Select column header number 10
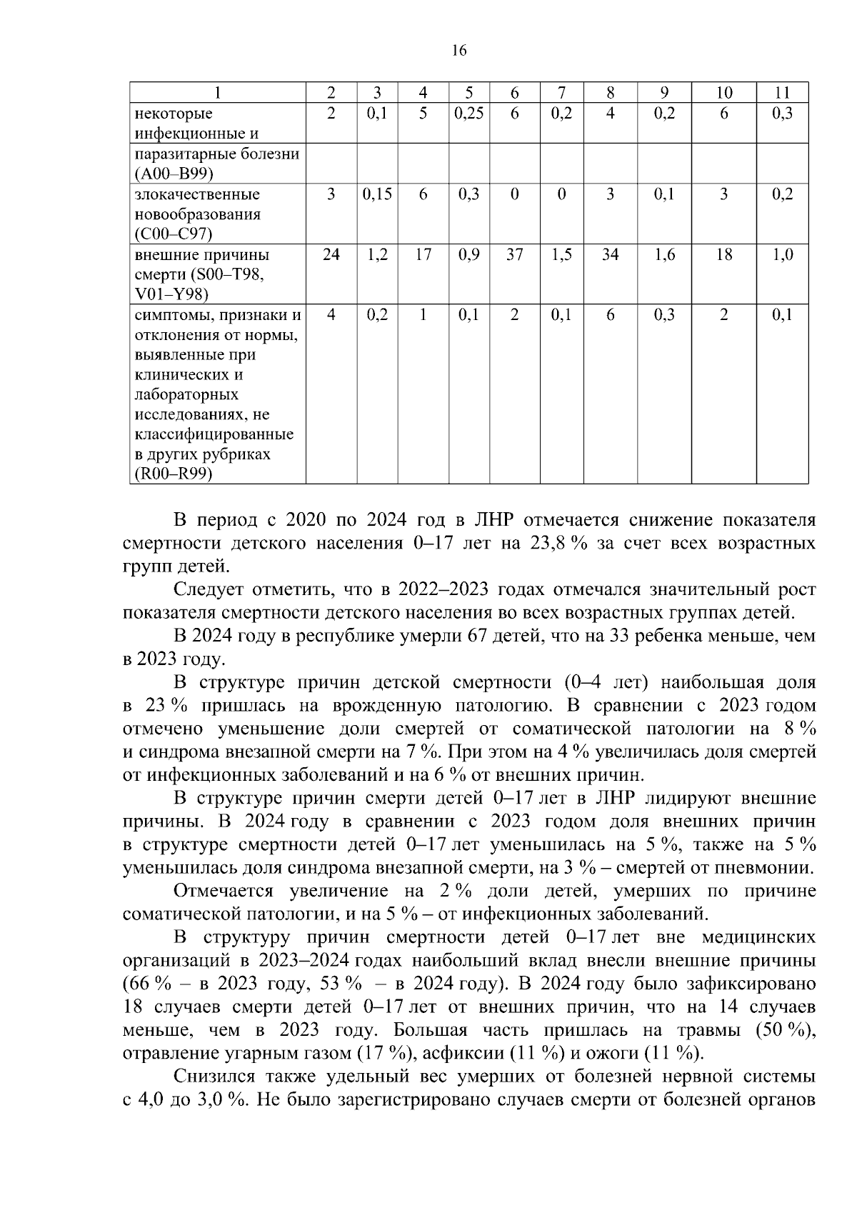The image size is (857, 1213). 723,92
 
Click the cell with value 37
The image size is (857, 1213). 514,255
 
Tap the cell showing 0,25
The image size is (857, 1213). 468,114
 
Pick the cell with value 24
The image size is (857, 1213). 331,255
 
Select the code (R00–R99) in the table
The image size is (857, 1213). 174,474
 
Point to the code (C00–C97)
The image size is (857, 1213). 173,234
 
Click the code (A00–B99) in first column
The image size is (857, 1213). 173,174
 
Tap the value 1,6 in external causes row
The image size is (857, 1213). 664,255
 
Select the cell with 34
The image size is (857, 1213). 610,255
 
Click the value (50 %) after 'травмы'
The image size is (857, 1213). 785,1030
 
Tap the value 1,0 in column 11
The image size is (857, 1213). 783,255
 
